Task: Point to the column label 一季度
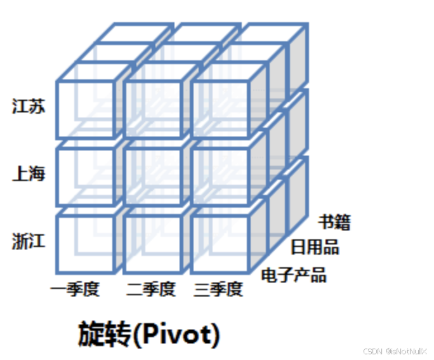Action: click(76, 290)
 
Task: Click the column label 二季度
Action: click(150, 290)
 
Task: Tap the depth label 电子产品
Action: click(294, 276)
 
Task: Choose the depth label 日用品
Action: click(315, 247)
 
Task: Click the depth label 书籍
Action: click(334, 222)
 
